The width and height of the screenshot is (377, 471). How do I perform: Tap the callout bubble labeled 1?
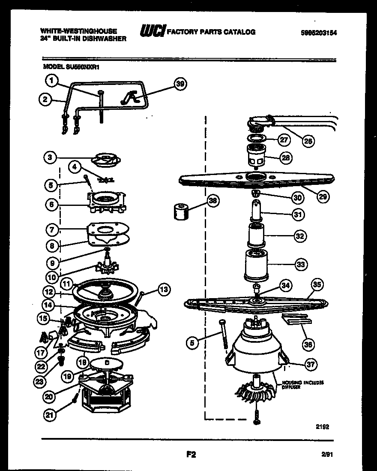51,80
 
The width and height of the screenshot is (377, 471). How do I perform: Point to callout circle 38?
212,200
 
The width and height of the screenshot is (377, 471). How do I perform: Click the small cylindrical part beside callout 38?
181,211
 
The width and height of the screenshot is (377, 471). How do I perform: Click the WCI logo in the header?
152,32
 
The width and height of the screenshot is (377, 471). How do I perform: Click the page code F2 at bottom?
191,453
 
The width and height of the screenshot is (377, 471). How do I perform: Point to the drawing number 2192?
322,426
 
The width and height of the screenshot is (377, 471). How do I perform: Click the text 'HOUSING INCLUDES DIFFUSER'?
302,384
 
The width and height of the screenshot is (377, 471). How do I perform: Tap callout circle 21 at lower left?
51,415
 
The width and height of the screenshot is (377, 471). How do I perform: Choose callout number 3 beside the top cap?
51,158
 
